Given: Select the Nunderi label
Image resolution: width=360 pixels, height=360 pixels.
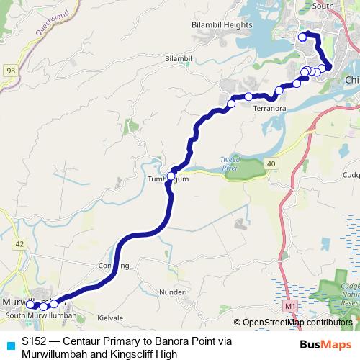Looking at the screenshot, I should click(174, 292).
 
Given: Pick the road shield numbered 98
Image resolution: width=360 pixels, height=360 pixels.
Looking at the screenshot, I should click(10, 70).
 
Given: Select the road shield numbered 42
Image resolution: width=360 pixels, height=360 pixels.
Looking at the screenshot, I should click(19, 244).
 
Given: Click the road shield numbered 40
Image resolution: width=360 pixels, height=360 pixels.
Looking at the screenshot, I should click(270, 165).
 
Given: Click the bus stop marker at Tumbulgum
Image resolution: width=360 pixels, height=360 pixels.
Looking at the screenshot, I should click(171, 176).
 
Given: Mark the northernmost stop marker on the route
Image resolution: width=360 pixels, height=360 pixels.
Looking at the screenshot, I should click(302, 35).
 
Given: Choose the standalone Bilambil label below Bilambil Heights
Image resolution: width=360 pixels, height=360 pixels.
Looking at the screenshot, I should click(179, 58).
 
